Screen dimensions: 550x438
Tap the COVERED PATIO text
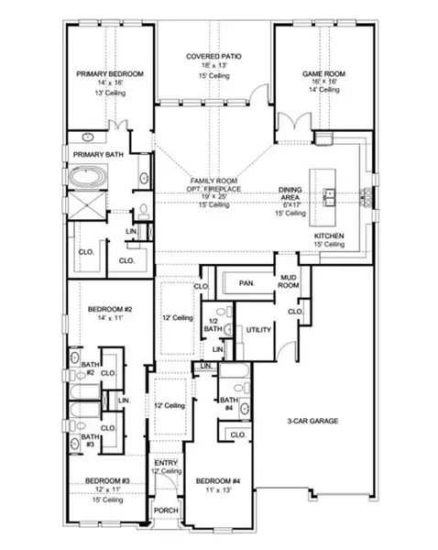214,57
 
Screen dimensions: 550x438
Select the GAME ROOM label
323,72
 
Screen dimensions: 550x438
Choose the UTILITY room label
258,330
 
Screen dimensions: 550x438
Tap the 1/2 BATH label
213,324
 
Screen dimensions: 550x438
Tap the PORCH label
166,511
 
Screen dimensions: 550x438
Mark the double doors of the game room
293,124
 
